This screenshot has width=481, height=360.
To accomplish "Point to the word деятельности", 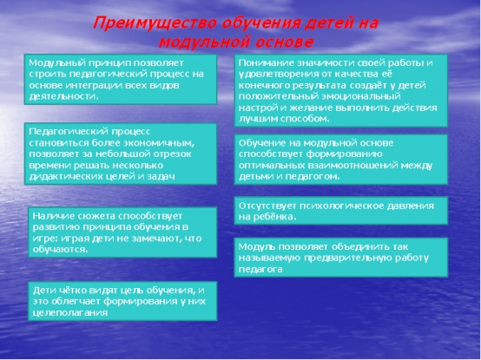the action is (63, 96).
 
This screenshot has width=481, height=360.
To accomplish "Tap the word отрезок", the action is (173, 154).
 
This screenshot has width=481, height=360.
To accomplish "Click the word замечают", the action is (155, 239).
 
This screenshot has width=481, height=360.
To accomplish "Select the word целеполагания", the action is (70, 313).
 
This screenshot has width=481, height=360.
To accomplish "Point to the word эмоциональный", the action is (361, 96).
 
